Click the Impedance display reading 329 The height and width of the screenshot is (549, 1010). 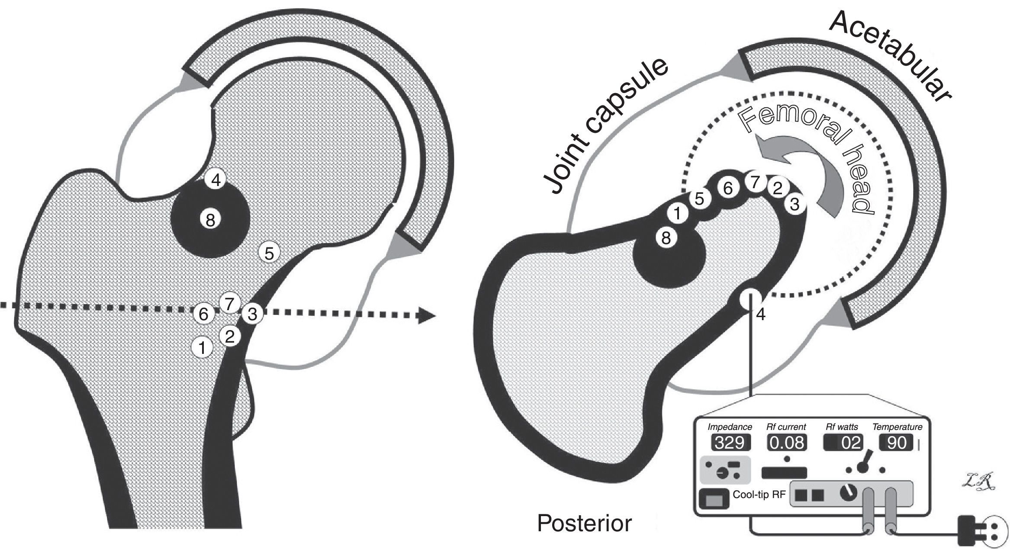(730, 443)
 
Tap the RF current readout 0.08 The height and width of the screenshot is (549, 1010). (786, 443)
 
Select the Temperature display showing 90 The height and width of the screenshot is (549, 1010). (896, 443)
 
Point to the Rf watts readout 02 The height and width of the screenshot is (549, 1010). (843, 443)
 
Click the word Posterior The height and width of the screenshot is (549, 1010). (584, 523)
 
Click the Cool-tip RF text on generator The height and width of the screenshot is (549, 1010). (759, 494)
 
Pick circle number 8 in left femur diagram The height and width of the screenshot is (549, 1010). (210, 220)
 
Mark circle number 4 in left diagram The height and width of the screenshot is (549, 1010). (216, 180)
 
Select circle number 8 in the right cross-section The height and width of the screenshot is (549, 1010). (666, 238)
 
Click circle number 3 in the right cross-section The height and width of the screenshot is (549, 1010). (794, 204)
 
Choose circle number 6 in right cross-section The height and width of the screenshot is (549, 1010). (728, 189)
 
